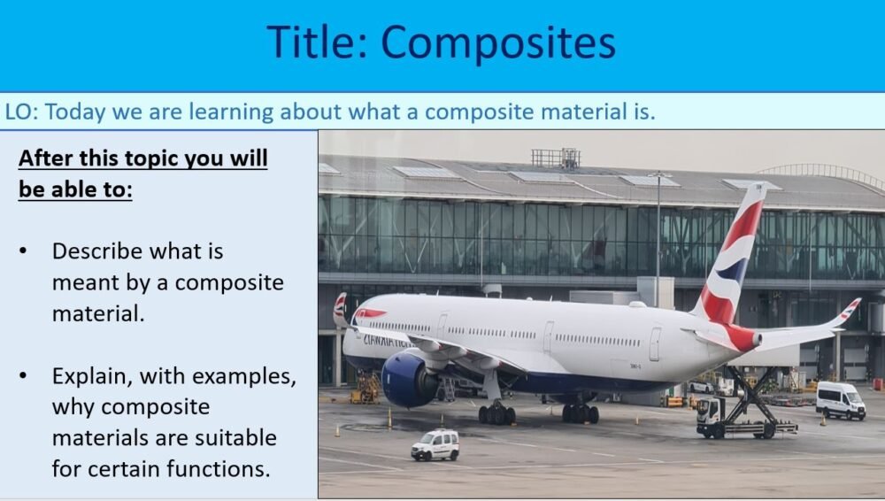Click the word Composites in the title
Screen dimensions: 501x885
pos(498,42)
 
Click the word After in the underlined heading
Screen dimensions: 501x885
pos(44,158)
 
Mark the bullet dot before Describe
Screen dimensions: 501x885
pos(24,251)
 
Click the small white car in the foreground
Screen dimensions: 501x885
pos(435,444)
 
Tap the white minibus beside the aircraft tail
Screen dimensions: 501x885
pos(840,401)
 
